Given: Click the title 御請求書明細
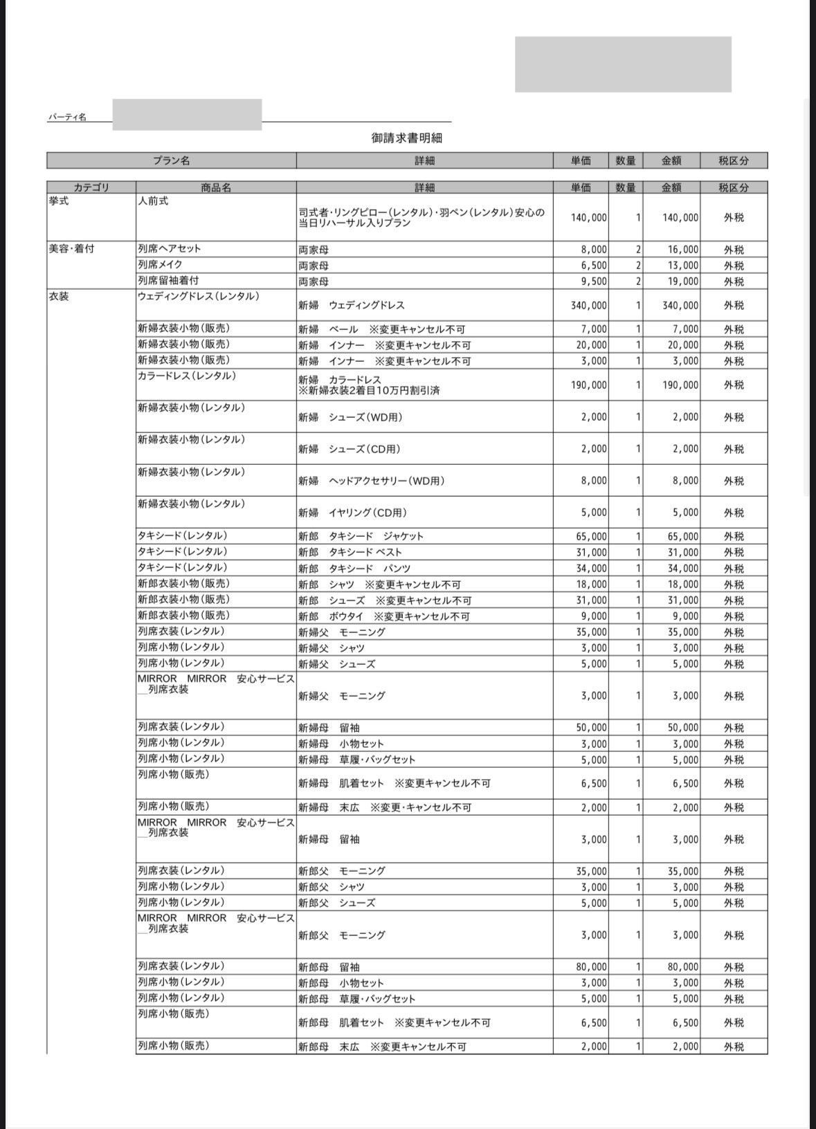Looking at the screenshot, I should pyautogui.click(x=406, y=138).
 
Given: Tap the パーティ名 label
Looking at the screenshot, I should pyautogui.click(x=67, y=118).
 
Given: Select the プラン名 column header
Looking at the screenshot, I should pyautogui.click(x=171, y=160).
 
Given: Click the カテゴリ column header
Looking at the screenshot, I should pyautogui.click(x=91, y=187).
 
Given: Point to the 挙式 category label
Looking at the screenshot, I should pyautogui.click(x=59, y=201).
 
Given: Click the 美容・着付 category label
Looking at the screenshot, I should pyautogui.click(x=71, y=249).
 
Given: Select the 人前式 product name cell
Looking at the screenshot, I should pyautogui.click(x=153, y=201).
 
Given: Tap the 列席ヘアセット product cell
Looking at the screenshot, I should pyautogui.click(x=170, y=249).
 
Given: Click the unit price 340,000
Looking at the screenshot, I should pyautogui.click(x=588, y=305).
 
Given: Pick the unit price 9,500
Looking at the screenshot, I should pyautogui.click(x=593, y=282).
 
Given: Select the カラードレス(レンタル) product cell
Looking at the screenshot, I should pyautogui.click(x=187, y=376).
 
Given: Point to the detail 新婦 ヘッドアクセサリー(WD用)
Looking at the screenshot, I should pyautogui.click(x=371, y=481).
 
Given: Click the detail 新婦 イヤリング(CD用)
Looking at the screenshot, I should pyautogui.click(x=352, y=513).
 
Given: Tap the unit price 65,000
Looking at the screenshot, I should pyautogui.click(x=591, y=536).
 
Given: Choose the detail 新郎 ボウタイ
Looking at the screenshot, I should pyautogui.click(x=383, y=616).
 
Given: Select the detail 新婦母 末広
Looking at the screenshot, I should pyautogui.click(x=385, y=807).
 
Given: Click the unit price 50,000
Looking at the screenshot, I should pyautogui.click(x=591, y=728).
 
